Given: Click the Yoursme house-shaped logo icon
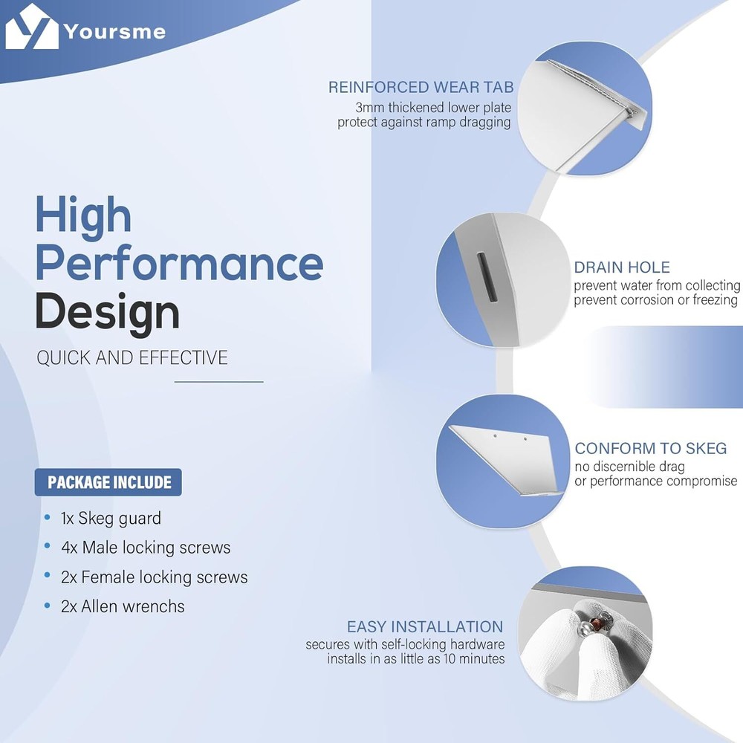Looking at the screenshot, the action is (x=32, y=27).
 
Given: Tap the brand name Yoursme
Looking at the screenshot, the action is (x=114, y=32).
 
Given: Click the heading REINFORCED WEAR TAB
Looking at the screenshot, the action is (x=421, y=87).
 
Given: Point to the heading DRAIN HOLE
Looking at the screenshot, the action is (x=622, y=267).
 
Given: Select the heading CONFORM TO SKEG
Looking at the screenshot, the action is (x=651, y=448).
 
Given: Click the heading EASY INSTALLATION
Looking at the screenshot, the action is (x=425, y=626).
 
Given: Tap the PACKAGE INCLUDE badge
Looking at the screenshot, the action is (x=108, y=482).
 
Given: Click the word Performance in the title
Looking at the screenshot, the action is (x=180, y=264).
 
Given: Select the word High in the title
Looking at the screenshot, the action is (x=83, y=216).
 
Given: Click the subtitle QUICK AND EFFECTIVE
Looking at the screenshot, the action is (x=132, y=358).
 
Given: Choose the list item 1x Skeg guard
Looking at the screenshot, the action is (x=111, y=519).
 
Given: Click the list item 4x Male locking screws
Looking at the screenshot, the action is (x=146, y=548).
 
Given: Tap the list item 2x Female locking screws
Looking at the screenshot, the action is (x=154, y=577).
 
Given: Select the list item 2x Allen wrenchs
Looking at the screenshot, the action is (x=123, y=606).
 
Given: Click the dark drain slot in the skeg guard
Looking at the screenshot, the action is (x=486, y=278).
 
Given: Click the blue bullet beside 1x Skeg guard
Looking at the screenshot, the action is (x=47, y=517).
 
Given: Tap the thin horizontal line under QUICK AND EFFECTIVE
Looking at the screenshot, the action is (x=219, y=381).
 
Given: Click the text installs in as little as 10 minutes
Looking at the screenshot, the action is (x=415, y=658).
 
